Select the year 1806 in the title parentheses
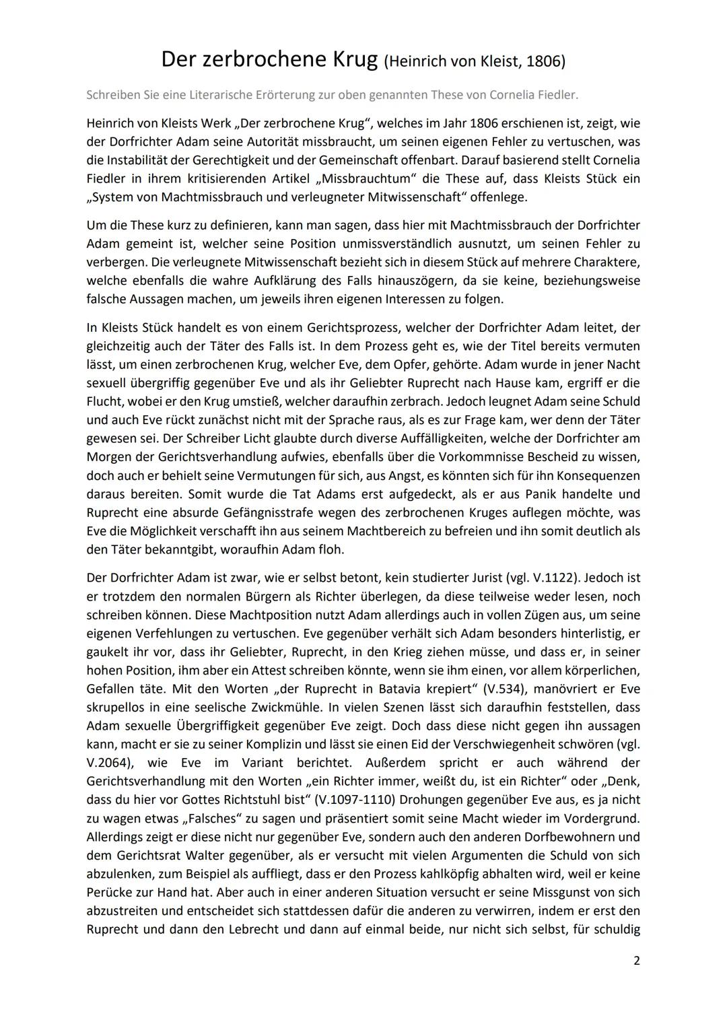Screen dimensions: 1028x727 tap(543, 62)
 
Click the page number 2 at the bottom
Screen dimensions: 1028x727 tap(636, 961)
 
